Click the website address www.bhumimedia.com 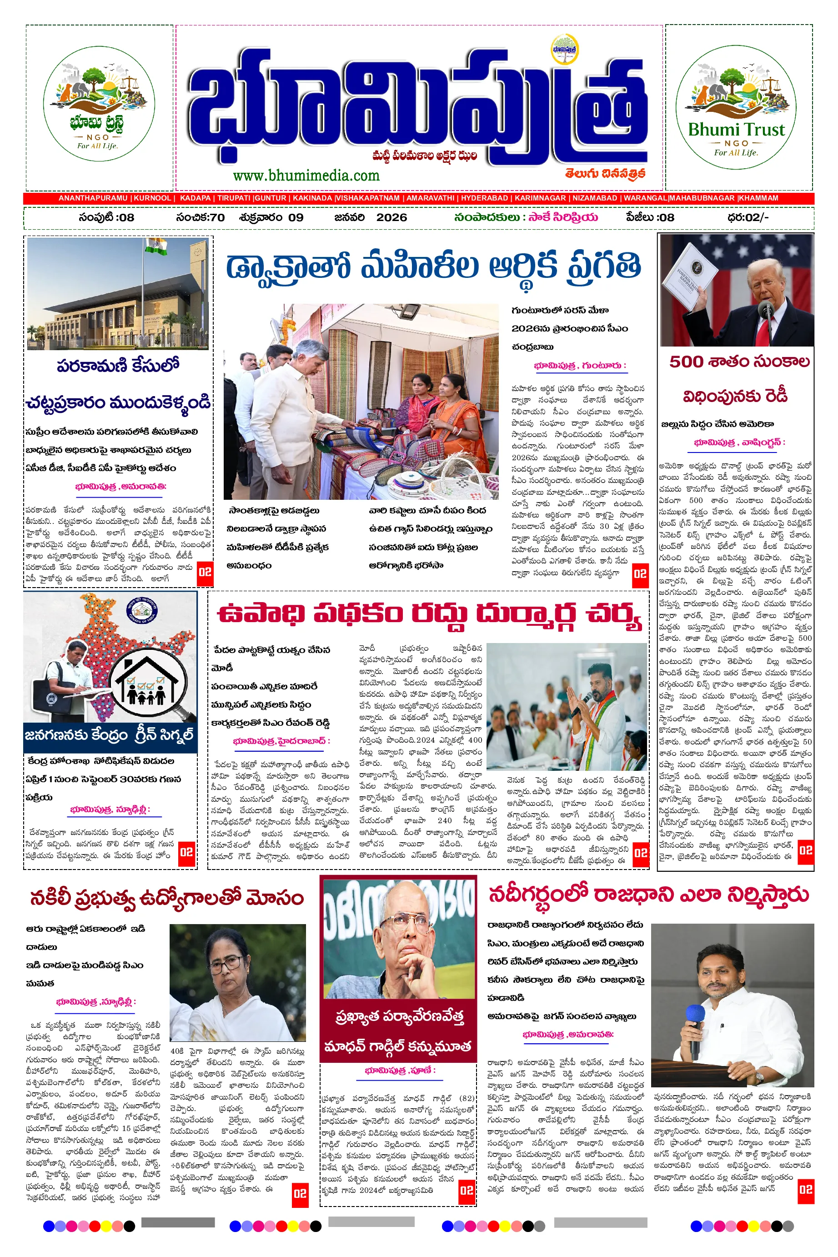(x=306, y=175)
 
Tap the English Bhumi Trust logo (x=736, y=107)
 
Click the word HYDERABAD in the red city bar (x=484, y=198)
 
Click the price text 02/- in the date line (x=756, y=217)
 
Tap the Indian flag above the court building (x=156, y=246)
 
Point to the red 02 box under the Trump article (x=805, y=850)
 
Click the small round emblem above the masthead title (x=565, y=50)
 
